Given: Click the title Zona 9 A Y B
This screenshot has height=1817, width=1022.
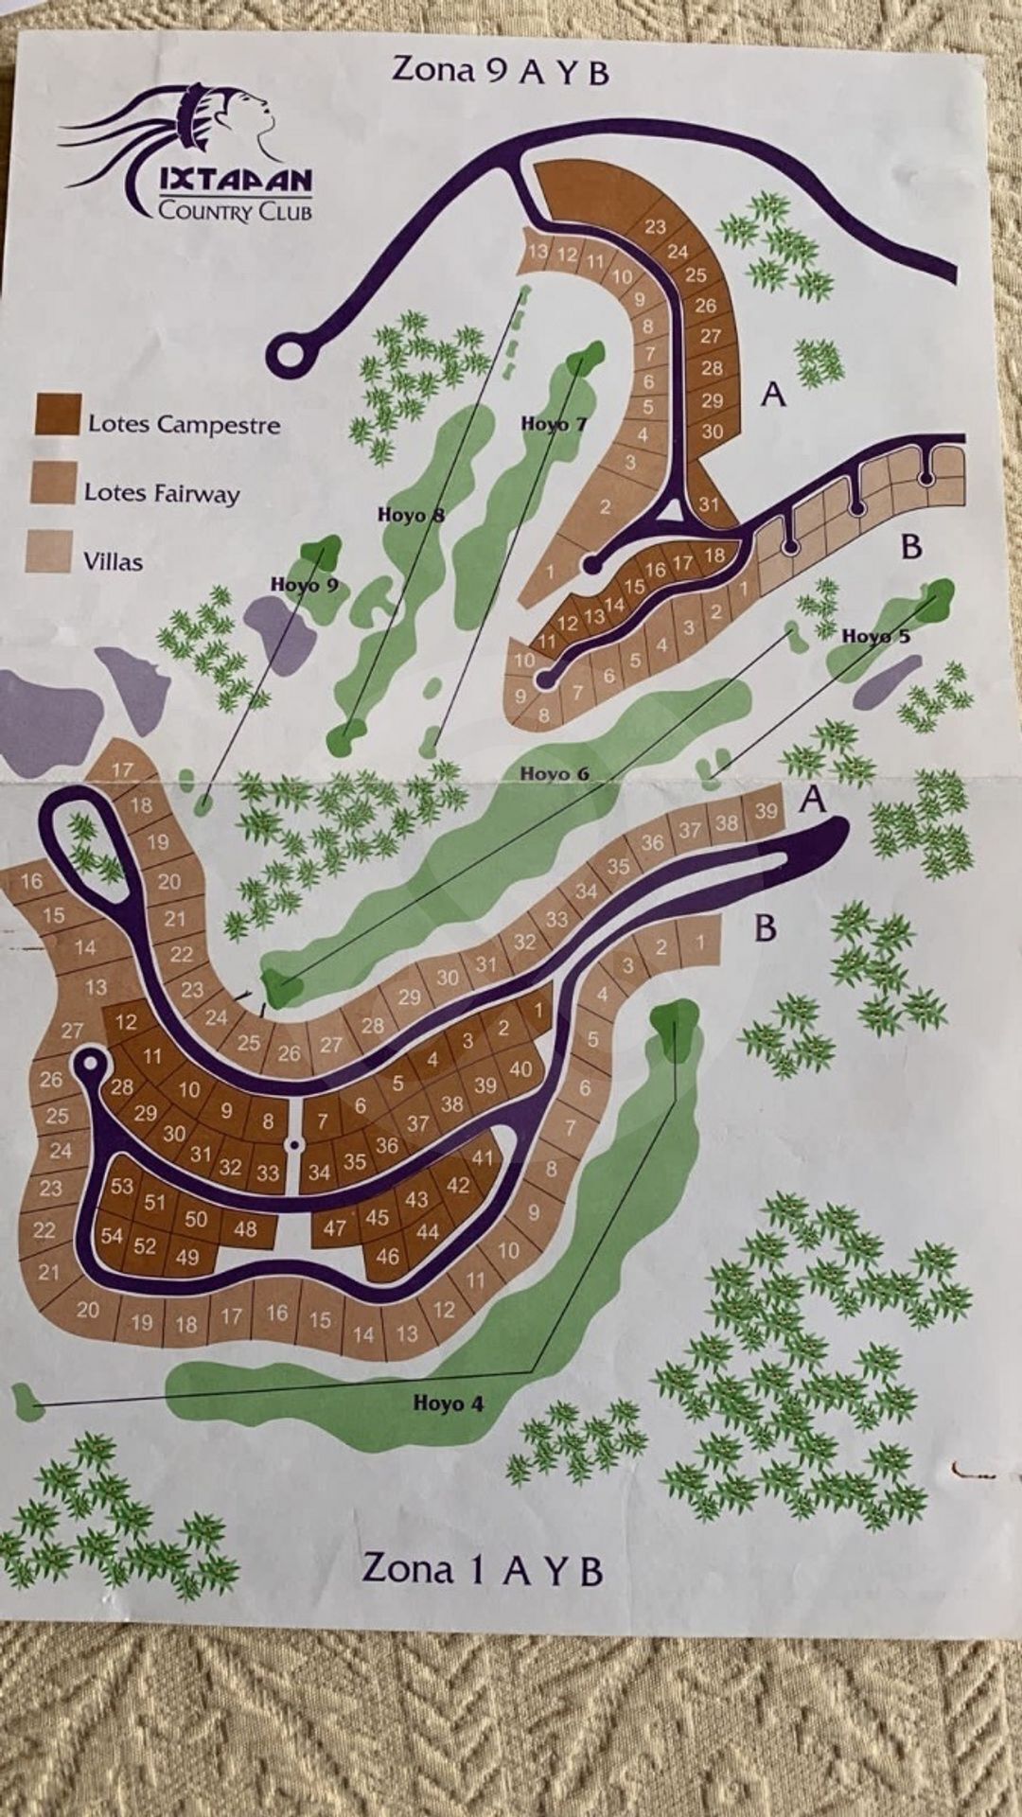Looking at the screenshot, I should coord(501,71).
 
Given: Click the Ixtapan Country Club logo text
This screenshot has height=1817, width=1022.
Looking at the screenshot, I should coord(234,194).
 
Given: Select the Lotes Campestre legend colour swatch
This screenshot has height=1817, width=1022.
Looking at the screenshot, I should coord(56,415).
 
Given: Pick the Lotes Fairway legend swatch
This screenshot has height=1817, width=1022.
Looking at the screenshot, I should coord(53,483).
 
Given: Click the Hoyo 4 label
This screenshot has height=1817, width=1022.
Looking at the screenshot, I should coord(448,1402).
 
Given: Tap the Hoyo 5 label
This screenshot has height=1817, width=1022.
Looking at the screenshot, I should coord(875,636).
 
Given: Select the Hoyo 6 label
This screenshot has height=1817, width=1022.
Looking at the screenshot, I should coord(555,774).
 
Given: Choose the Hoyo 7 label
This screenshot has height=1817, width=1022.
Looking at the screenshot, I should coord(554,424).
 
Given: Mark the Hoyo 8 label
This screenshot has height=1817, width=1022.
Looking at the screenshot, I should coord(411,515).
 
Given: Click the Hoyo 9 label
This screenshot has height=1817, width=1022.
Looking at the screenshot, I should coord(304,584).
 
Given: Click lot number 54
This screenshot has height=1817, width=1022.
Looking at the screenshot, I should coord(112,1235).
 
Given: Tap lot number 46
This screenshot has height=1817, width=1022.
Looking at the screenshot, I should coord(387,1257).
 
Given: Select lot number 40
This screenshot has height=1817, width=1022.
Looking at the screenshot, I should coord(520,1069).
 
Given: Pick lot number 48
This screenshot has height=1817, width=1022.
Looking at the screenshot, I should coord(245,1228).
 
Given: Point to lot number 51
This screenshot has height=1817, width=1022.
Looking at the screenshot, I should coord(155,1202).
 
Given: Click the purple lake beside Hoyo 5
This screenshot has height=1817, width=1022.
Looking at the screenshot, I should coord(886,680).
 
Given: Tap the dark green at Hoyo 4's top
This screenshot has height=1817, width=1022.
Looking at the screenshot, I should coord(676,1022).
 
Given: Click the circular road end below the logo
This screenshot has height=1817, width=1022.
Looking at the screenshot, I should coord(291,356).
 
